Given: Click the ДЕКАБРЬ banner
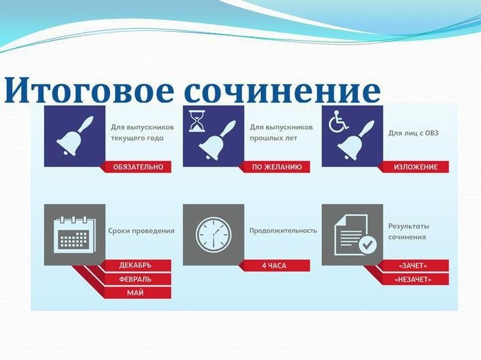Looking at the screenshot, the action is pyautogui.click(x=136, y=265).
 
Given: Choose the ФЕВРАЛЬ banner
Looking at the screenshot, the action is pyautogui.click(x=136, y=279).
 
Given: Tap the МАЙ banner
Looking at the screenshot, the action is pyautogui.click(x=136, y=293).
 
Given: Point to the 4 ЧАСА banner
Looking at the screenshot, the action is pyautogui.click(x=275, y=266).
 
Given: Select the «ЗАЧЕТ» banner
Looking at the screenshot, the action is pyautogui.click(x=414, y=266).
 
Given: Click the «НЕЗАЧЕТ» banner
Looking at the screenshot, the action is pyautogui.click(x=414, y=279).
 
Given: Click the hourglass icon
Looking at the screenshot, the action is pyautogui.click(x=197, y=121).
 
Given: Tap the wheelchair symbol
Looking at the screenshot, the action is pyautogui.click(x=339, y=121).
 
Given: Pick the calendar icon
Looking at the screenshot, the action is pyautogui.click(x=74, y=235).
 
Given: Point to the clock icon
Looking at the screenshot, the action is pyautogui.click(x=213, y=235).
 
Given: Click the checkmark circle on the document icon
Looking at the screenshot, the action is pyautogui.click(x=367, y=244).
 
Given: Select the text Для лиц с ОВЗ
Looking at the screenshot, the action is pyautogui.click(x=413, y=133).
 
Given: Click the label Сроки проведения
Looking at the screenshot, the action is pyautogui.click(x=142, y=231).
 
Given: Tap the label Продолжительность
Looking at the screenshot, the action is pyautogui.click(x=283, y=231).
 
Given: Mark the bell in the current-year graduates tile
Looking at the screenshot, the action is pyautogui.click(x=75, y=136).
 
